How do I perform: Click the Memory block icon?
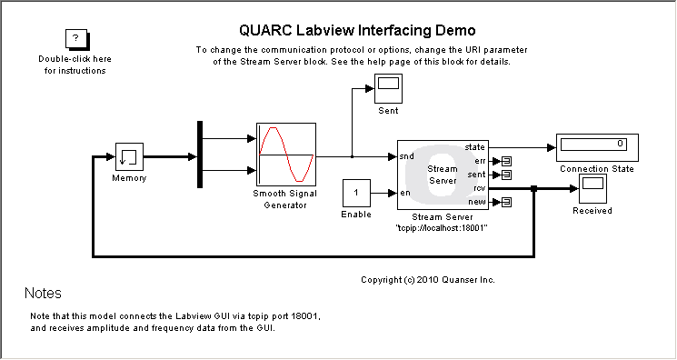128,156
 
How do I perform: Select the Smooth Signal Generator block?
285,155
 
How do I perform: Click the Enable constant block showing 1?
356,193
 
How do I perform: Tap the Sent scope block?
388,89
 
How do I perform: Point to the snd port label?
406,157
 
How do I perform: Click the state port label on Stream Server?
474,146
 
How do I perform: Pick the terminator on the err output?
507,161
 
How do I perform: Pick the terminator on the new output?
507,202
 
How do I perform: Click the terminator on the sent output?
507,175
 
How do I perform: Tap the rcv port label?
478,188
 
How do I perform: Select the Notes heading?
43,294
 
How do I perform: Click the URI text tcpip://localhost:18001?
443,228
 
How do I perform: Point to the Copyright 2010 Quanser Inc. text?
427,279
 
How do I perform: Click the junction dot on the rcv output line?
534,189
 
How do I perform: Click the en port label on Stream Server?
404,193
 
